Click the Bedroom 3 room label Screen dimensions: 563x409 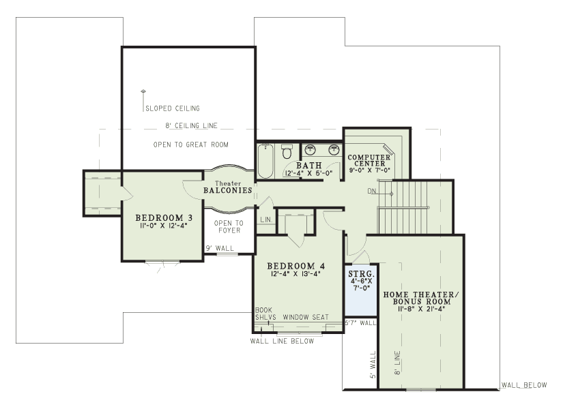click(164, 217)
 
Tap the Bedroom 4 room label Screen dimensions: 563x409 click(296, 266)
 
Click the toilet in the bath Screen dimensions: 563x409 click(287, 151)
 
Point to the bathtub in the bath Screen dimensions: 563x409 click(265, 161)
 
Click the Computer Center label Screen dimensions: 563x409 click(369, 160)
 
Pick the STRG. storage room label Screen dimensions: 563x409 click(361, 275)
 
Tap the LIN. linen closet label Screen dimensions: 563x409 click(266, 219)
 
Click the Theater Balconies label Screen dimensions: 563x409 click(228, 187)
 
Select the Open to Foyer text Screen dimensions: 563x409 click(229, 227)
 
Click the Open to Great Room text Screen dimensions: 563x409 click(190, 145)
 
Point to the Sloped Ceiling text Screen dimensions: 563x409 click(173, 108)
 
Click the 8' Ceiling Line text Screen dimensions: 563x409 click(191, 125)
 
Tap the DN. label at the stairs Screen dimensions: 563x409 click(373, 192)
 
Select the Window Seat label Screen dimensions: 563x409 click(306, 317)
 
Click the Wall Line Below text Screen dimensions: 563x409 click(282, 341)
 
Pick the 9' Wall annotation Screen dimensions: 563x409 click(220, 248)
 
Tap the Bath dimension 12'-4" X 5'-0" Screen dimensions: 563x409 click(308, 173)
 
